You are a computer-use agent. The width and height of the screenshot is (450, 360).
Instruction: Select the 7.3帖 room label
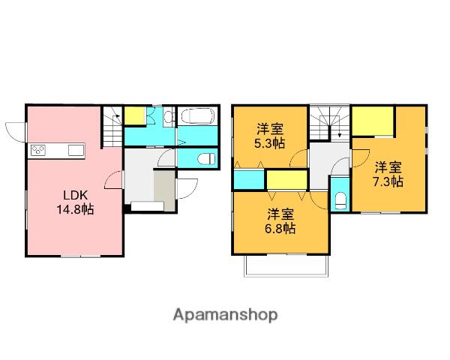click(388, 173)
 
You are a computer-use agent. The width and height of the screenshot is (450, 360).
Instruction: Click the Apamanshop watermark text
click(226, 315)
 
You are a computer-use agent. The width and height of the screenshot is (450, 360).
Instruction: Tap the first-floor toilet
click(204, 158)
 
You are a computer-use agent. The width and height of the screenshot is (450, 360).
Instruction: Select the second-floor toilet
click(339, 200)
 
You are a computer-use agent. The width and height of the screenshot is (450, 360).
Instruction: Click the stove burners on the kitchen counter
click(38, 151)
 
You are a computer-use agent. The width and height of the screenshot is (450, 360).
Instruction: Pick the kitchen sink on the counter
click(76, 151)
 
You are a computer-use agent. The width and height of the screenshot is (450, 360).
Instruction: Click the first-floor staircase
click(112, 127)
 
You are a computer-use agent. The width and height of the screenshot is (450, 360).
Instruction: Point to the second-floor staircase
click(330, 122)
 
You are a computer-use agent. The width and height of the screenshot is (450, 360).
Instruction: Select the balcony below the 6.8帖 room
click(285, 265)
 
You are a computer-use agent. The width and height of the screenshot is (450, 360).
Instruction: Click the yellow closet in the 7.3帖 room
click(373, 121)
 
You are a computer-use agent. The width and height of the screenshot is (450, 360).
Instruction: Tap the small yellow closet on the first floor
click(134, 115)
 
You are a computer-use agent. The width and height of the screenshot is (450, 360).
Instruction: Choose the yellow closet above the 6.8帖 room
click(287, 181)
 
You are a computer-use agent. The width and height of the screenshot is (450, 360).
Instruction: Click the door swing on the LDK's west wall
click(15, 131)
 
